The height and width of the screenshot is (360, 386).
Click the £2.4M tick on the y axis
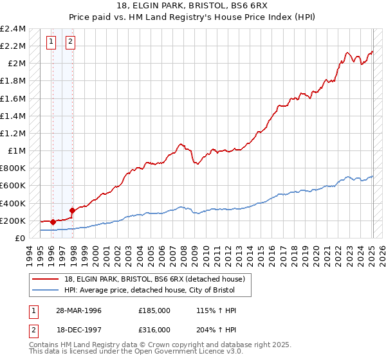[13, 29]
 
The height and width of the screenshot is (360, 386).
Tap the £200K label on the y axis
[13, 221]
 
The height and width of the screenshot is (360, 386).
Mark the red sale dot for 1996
[53, 222]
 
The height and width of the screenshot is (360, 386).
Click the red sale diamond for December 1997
[72, 210]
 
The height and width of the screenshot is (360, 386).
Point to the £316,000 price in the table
[154, 329]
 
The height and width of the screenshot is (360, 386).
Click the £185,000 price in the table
[154, 310]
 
